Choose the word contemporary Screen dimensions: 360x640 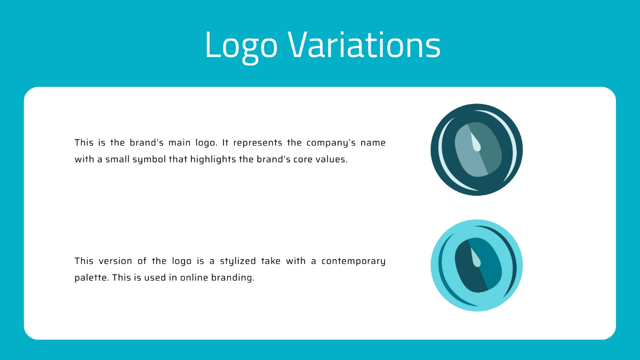[353, 261]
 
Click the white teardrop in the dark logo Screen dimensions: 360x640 [476, 142]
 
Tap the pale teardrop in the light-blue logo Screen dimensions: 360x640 [476, 258]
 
